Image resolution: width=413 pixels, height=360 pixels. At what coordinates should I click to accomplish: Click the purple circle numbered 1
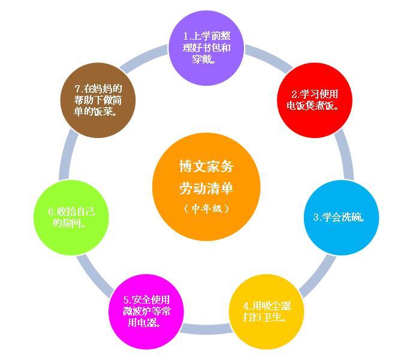(x=206, y=48)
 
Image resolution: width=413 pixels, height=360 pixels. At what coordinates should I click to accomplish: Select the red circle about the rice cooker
(x=315, y=100)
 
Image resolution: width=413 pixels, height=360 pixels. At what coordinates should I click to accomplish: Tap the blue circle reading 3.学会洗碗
(x=341, y=218)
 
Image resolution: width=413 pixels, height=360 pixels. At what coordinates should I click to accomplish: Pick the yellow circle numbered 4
(x=266, y=312)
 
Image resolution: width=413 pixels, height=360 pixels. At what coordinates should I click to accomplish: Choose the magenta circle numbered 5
(x=146, y=312)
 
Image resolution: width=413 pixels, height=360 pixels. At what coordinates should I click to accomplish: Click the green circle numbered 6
(x=71, y=218)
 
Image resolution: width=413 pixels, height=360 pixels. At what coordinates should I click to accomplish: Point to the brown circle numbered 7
(x=98, y=100)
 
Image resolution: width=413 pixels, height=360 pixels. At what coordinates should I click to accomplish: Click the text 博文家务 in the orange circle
(x=206, y=166)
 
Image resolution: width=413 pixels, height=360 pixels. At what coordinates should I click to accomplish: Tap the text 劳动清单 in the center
(x=206, y=188)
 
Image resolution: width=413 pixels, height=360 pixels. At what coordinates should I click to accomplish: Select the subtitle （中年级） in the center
(x=206, y=209)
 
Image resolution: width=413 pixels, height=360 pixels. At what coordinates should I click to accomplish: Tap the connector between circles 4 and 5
(x=206, y=329)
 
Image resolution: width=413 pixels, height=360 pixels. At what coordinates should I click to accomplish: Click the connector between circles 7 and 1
(x=143, y=58)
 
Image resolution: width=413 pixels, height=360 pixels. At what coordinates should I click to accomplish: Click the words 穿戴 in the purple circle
(x=202, y=59)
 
